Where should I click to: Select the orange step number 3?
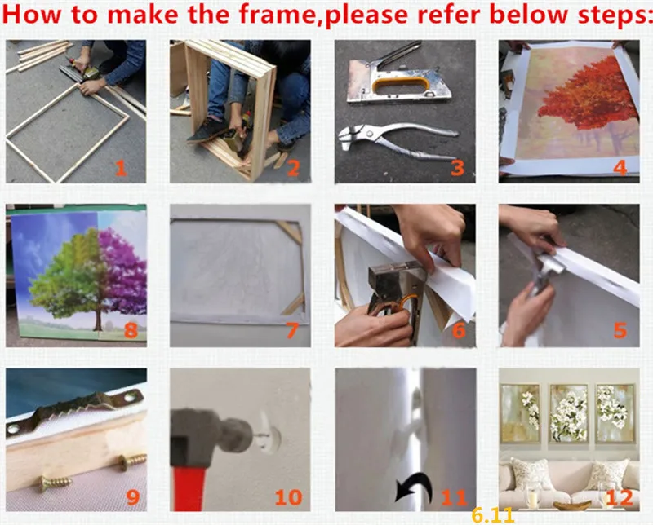point(457,168)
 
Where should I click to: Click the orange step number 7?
point(292,331)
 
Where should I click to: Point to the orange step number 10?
point(289,497)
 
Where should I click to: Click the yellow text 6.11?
point(493,516)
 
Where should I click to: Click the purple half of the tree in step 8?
point(124,271)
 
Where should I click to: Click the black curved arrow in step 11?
point(415,486)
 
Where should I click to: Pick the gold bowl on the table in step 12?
point(572,505)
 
